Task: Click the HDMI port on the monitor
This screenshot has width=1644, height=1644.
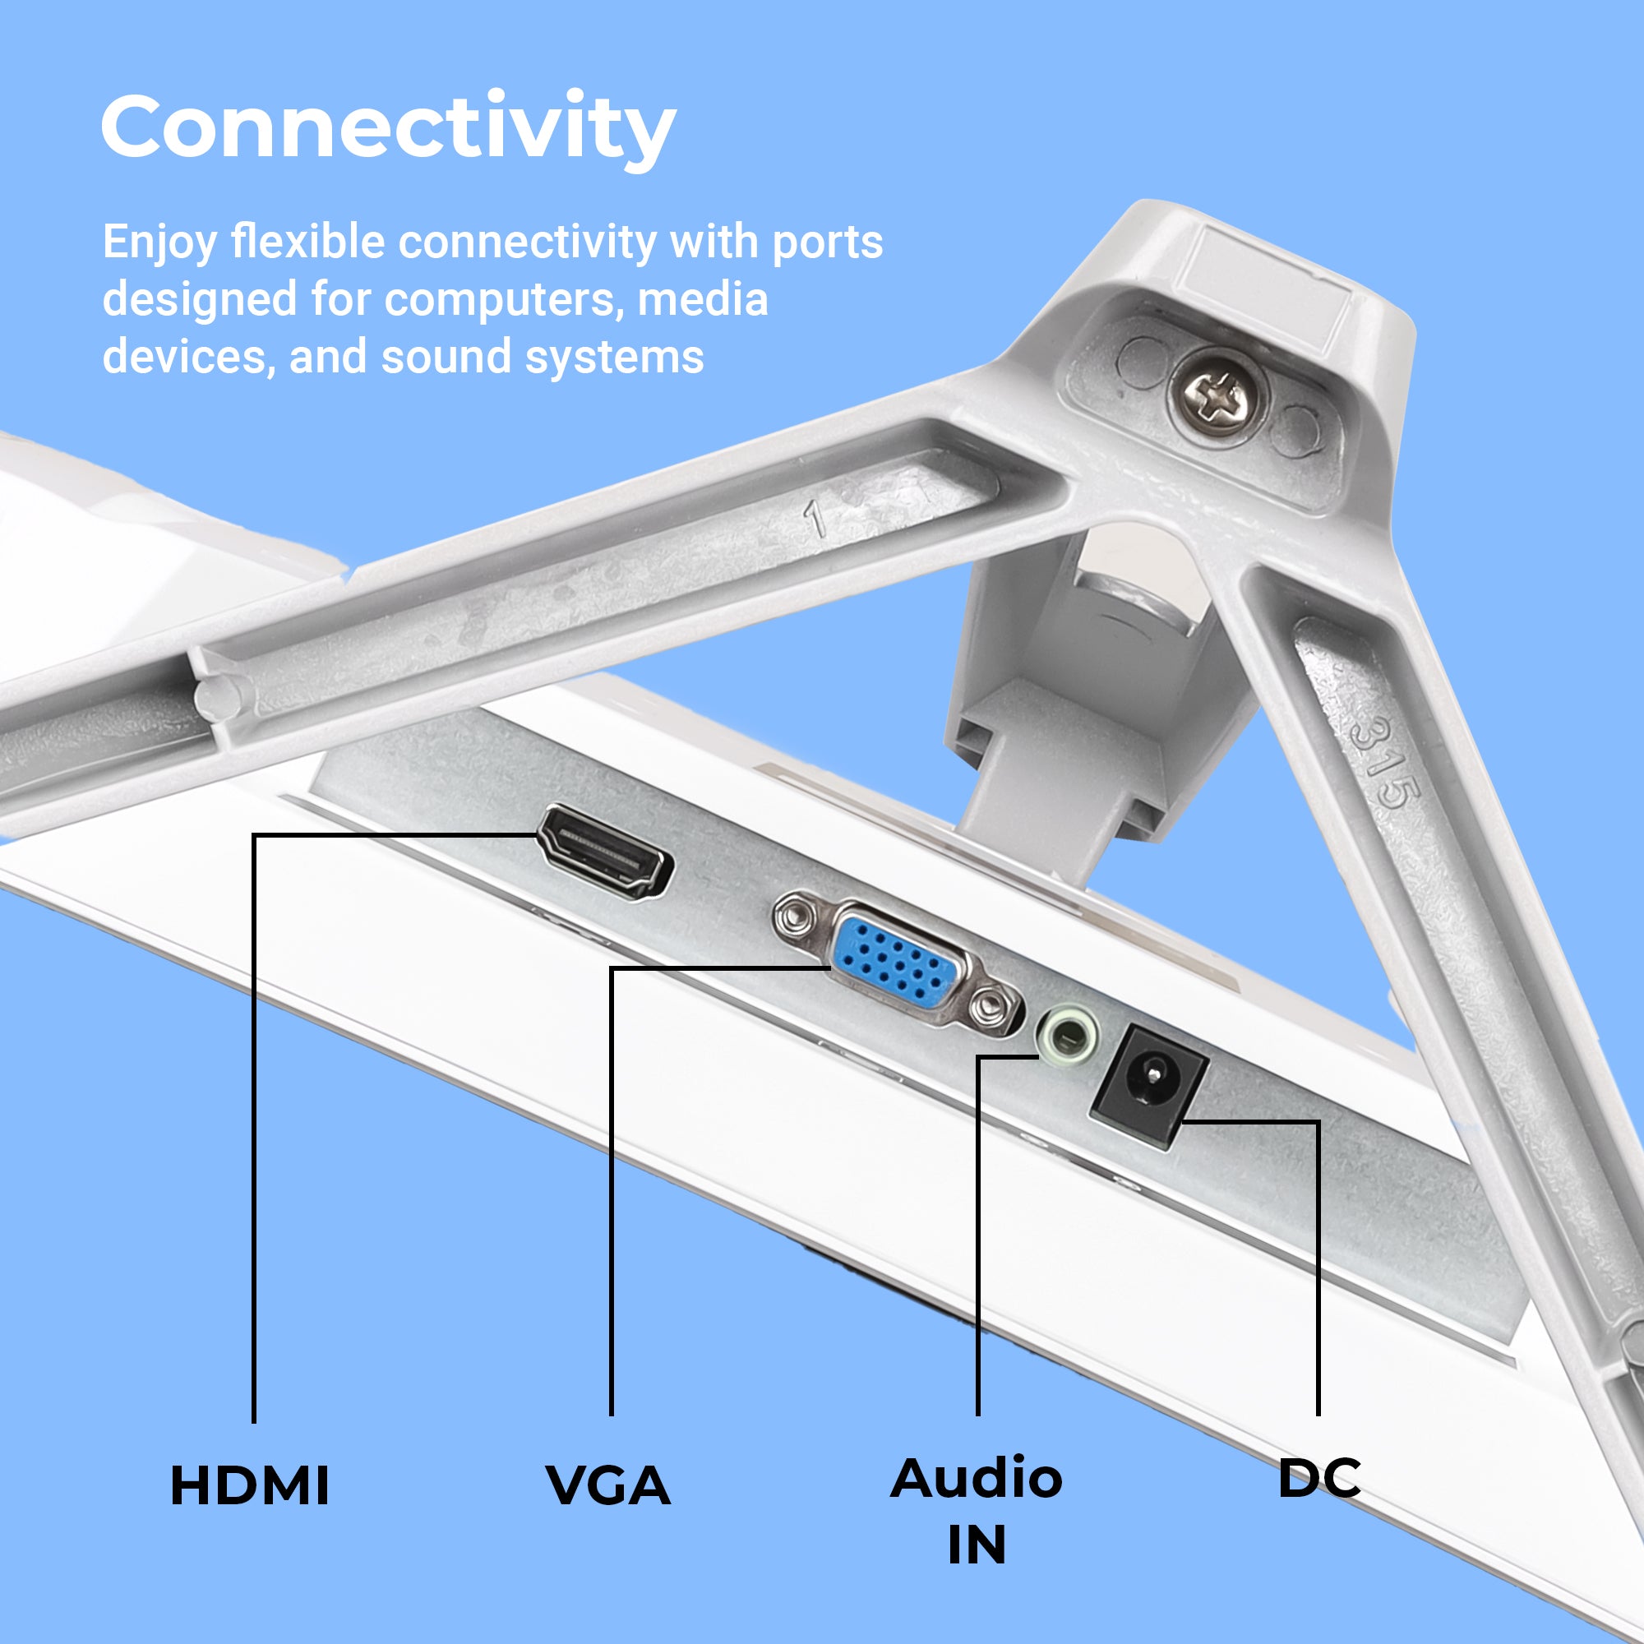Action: (x=605, y=853)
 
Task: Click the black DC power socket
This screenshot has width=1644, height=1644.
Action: (x=1150, y=1088)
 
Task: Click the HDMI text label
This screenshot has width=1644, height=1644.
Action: (x=250, y=1485)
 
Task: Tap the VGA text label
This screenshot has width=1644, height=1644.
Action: (x=608, y=1485)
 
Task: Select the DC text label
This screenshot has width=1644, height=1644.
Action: (x=1320, y=1478)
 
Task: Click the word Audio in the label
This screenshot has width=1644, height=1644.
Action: (x=977, y=1478)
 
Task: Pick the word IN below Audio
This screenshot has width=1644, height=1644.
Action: (x=977, y=1545)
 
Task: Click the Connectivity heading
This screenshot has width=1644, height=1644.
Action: (x=389, y=127)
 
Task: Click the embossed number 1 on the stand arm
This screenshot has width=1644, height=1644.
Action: (x=815, y=516)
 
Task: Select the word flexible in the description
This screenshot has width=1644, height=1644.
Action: (x=308, y=242)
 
